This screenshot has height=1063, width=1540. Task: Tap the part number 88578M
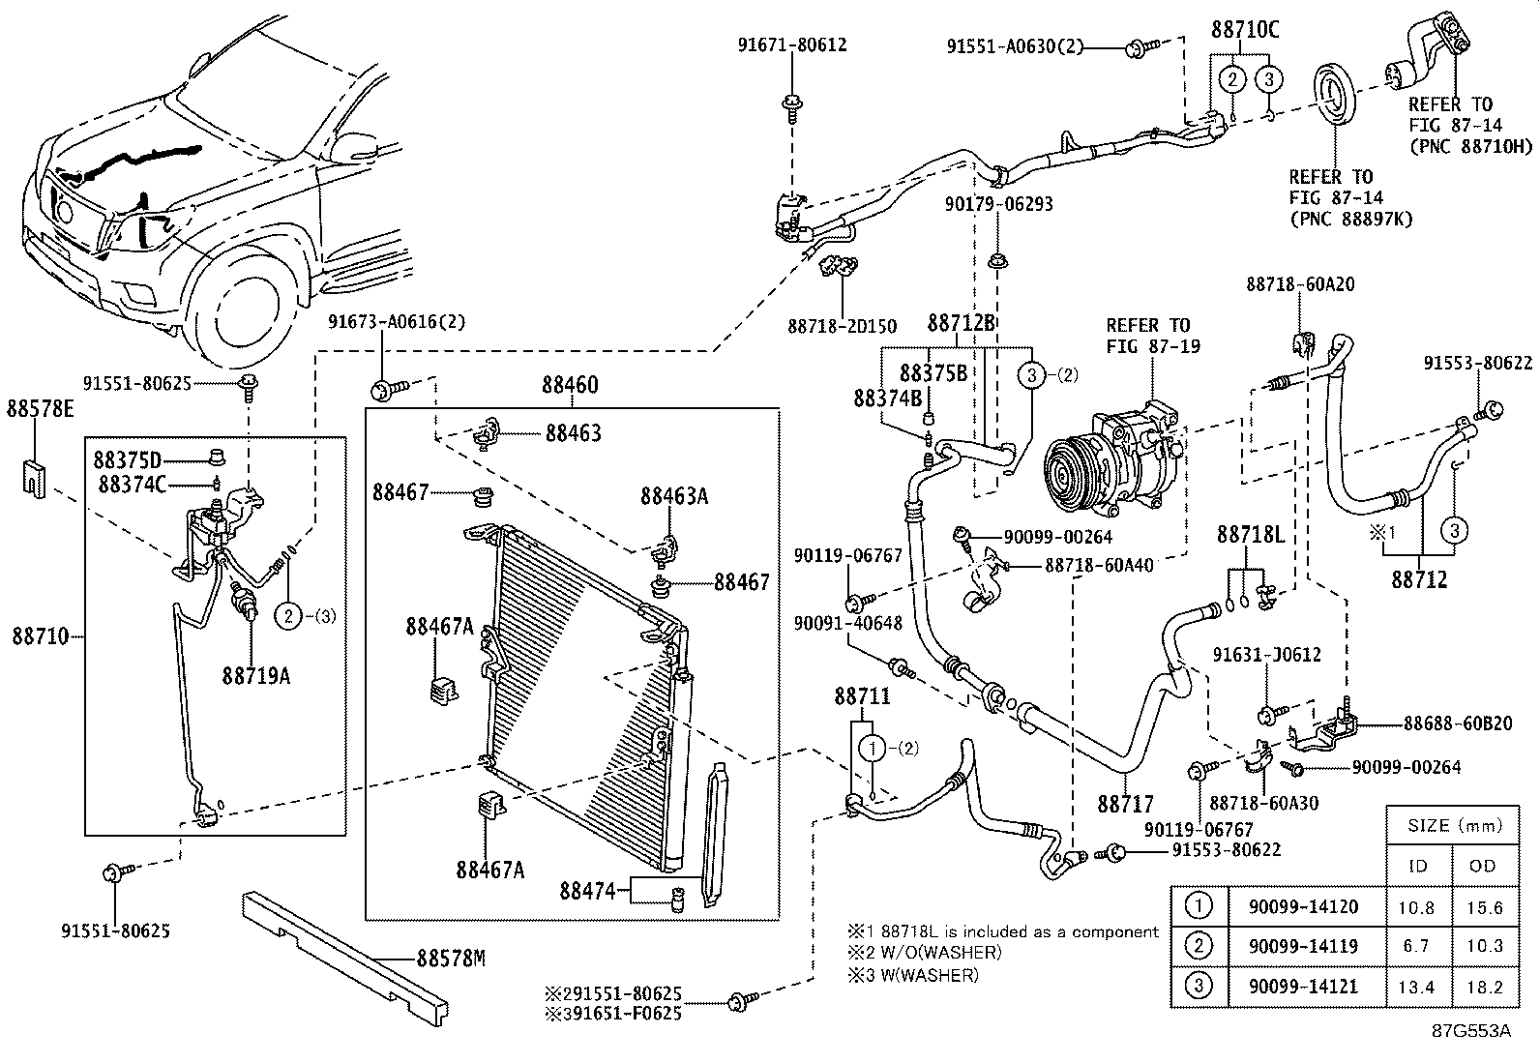450,959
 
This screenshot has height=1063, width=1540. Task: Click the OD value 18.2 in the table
1484,986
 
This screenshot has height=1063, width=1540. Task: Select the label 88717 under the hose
1125,803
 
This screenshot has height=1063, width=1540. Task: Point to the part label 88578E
40,409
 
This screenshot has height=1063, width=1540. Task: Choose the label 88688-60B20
1457,723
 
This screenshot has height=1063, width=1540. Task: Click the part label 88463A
673,496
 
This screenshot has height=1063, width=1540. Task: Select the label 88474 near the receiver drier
586,890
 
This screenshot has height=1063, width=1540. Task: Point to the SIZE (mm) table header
1448,825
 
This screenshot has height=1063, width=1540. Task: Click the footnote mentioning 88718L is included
1003,931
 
